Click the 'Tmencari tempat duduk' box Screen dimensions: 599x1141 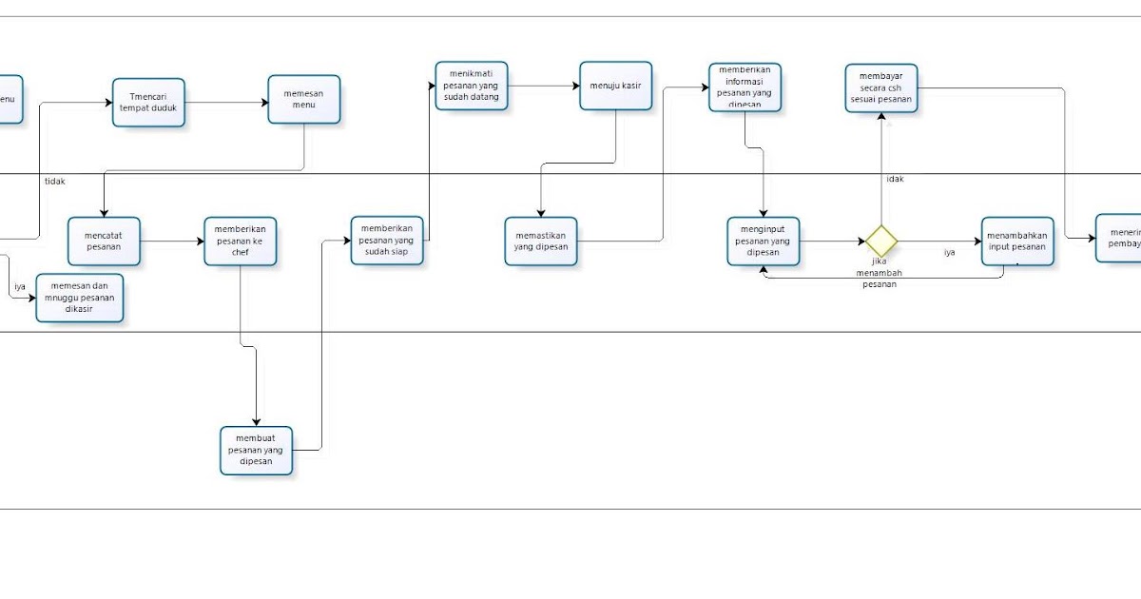point(148,103)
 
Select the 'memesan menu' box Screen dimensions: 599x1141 point(303,99)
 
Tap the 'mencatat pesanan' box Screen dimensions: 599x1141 point(104,241)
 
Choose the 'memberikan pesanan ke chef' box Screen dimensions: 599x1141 point(241,241)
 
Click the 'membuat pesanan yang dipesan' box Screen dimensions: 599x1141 point(257,450)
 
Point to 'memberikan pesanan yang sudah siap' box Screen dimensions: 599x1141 point(387,241)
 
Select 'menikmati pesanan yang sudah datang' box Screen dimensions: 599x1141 point(472,86)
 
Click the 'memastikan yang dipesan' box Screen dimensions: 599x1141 point(541,241)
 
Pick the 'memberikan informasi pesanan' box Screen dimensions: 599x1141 point(745,87)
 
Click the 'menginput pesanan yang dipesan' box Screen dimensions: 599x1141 point(764,241)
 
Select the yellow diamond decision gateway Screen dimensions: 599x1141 point(881,241)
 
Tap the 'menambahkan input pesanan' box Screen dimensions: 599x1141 point(1017,241)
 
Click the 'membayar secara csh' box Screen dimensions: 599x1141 point(881,89)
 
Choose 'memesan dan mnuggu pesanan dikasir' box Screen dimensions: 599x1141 point(80,298)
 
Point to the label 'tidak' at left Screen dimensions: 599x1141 point(55,181)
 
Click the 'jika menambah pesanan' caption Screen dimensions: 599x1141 point(880,272)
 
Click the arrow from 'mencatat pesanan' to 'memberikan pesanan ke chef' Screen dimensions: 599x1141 point(172,241)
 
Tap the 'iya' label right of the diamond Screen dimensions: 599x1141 point(949,253)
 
